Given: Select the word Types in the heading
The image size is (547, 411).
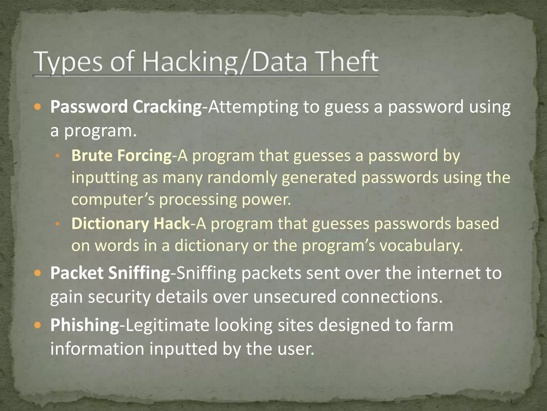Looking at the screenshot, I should [x=68, y=62].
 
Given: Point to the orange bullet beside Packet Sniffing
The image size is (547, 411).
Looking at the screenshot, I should [x=38, y=273].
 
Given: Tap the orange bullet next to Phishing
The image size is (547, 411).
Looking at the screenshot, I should [x=38, y=325].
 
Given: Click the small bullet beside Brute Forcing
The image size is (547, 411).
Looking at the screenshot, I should [x=57, y=156].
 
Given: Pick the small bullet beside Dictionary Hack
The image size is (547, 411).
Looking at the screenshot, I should [x=57, y=224].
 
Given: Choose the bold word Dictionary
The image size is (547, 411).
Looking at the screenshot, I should [x=110, y=224].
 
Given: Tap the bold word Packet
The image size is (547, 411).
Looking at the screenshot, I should [x=77, y=273].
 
